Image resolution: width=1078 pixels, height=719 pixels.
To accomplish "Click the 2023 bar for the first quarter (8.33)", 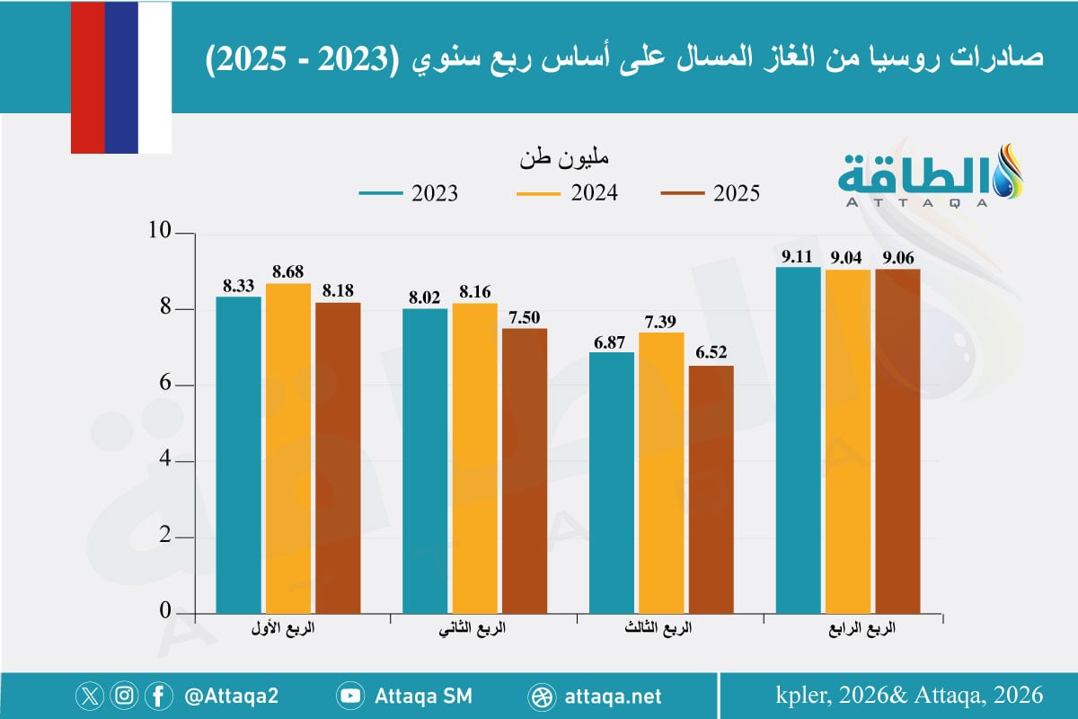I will (238, 454).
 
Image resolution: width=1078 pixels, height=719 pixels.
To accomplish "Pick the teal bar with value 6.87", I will (611, 482).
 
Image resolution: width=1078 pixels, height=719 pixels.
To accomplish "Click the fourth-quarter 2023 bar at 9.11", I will (798, 439).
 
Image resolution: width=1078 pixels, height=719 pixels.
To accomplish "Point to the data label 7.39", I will (662, 321).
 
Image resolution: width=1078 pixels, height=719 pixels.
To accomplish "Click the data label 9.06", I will (898, 257).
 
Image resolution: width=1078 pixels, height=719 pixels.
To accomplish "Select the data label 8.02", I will (424, 297).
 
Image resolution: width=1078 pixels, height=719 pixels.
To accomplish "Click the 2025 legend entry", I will (711, 193).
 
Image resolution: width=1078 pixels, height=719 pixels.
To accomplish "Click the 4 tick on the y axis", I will (164, 461).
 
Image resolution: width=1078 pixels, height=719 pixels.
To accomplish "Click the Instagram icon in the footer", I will (124, 696).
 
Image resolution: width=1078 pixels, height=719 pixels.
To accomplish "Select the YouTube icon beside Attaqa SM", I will (350, 696).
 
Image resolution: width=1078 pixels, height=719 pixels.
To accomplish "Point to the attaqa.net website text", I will (614, 696).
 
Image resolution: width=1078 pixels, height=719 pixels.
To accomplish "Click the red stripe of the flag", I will (87, 76).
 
